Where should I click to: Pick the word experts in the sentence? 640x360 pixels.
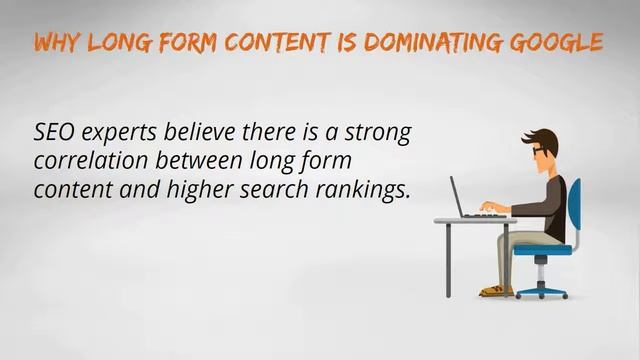(x=116, y=134)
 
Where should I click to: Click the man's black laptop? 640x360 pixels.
(x=461, y=198)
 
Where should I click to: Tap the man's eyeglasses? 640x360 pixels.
(x=539, y=151)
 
